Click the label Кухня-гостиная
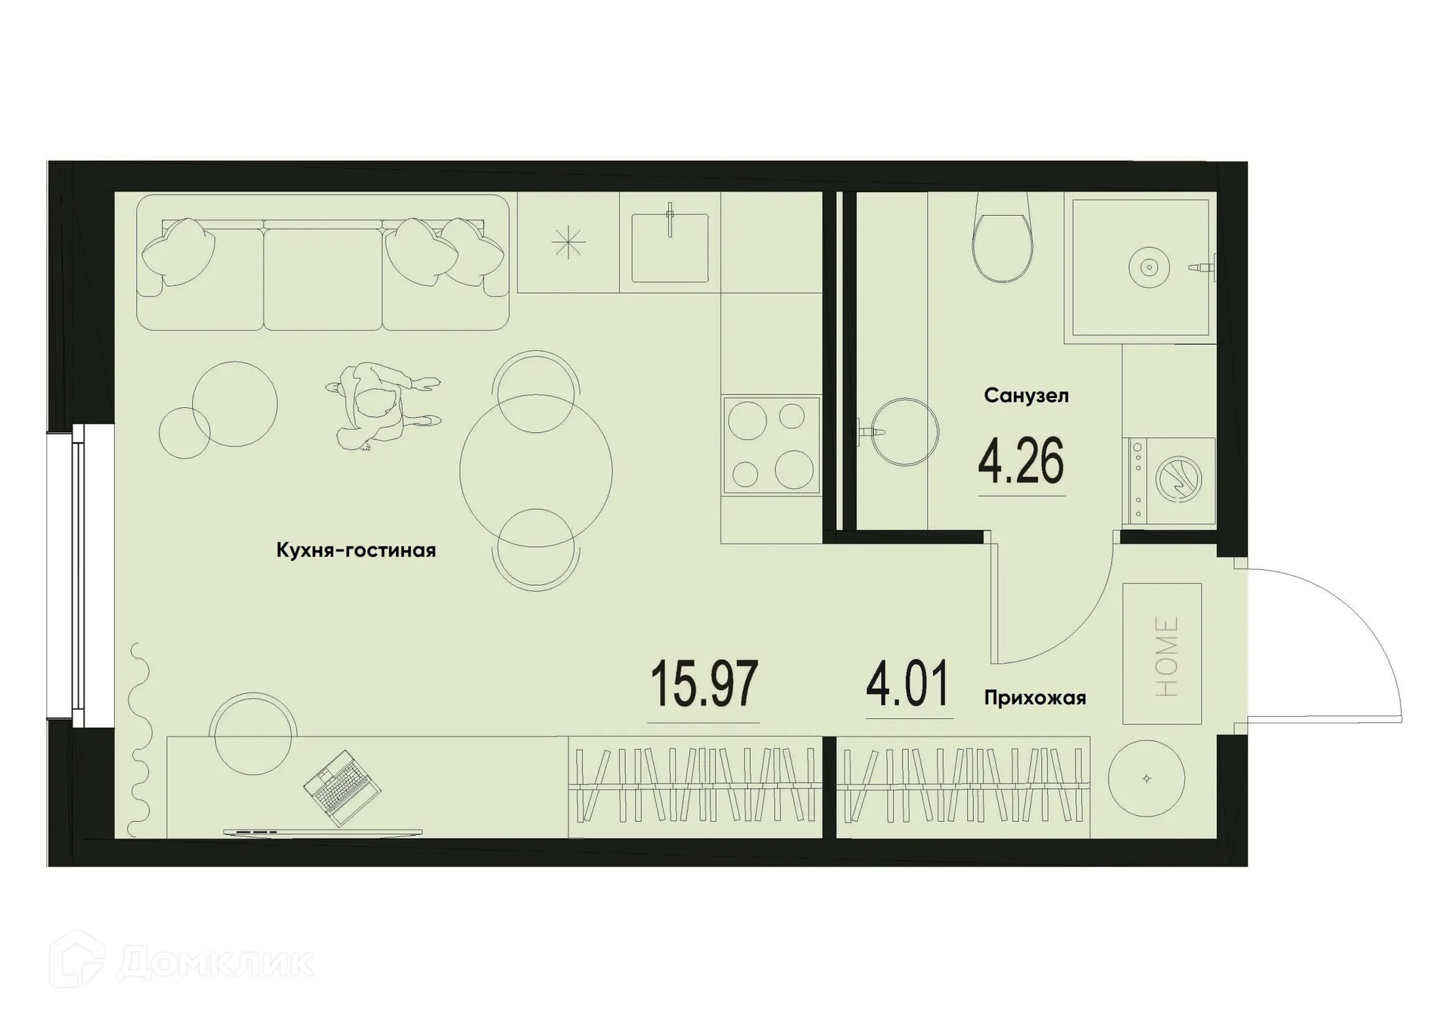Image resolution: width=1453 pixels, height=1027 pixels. coord(356,550)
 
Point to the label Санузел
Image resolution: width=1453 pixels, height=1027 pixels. coord(1026,395)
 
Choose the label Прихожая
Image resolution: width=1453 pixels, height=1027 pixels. coord(1035,698)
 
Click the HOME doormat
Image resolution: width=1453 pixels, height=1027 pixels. coord(1162,654)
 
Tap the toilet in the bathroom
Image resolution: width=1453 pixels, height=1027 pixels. coord(1003,238)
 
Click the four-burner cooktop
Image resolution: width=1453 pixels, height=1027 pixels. coord(771,446)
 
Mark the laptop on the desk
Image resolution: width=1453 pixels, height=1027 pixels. coord(342,788)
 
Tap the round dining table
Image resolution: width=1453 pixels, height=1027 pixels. coord(536,471)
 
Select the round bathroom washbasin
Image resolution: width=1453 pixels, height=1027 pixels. coord(904,431)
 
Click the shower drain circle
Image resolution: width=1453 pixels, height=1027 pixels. coord(1149,267)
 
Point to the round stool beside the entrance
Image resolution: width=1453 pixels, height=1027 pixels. coord(1146,778)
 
